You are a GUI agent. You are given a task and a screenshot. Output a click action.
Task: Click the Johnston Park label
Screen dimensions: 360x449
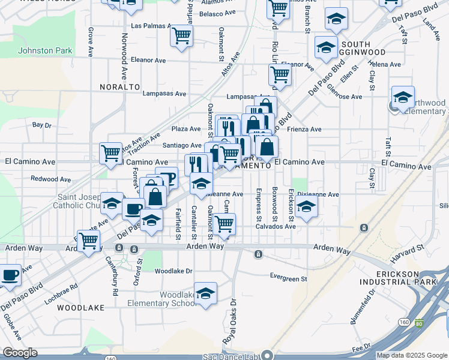point(44,50)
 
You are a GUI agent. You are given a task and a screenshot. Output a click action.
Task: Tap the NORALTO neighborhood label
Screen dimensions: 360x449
point(120,87)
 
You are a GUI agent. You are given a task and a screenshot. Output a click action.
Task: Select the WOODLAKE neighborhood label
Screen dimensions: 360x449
point(80,307)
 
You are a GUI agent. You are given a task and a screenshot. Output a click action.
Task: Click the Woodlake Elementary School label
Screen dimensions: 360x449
point(179,299)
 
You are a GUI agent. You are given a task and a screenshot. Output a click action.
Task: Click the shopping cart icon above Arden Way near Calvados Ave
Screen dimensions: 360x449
point(224,224)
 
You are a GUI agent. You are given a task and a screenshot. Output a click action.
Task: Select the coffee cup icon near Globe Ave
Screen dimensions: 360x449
point(9,275)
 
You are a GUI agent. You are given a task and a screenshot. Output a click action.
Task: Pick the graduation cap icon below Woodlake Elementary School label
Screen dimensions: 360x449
point(205,293)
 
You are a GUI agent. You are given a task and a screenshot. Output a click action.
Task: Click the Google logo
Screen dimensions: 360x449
point(20,353)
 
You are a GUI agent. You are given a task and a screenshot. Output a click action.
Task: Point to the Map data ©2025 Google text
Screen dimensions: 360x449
point(411,355)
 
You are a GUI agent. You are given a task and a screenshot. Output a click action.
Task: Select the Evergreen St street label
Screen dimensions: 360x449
point(288,278)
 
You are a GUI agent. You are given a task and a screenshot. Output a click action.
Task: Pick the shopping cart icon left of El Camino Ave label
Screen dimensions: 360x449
point(111,154)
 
